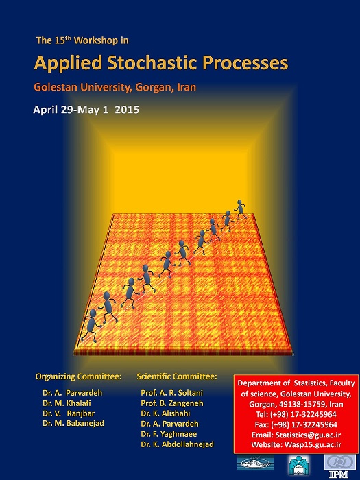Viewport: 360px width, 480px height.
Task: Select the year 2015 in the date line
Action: click(127, 110)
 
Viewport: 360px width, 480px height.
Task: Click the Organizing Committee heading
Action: click(78, 376)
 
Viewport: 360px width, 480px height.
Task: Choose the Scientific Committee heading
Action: click(177, 376)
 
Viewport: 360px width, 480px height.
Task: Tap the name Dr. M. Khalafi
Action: click(67, 403)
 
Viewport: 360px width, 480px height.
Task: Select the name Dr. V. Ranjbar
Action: click(69, 413)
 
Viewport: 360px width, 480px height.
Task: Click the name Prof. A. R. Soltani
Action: click(171, 393)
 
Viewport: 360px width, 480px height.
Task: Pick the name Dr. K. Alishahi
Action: click(166, 413)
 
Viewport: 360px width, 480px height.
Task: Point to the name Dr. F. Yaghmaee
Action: click(169, 434)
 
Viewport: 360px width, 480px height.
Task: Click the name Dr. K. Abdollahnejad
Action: click(177, 444)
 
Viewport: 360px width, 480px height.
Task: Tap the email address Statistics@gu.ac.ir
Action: click(308, 435)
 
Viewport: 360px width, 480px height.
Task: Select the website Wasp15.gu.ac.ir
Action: click(313, 445)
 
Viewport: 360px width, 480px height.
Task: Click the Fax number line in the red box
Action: click(296, 425)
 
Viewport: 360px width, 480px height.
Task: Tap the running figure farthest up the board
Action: click(240, 208)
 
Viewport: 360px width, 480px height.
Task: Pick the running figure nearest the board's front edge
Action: click(91, 326)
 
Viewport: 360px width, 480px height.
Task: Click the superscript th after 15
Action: click(68, 38)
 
